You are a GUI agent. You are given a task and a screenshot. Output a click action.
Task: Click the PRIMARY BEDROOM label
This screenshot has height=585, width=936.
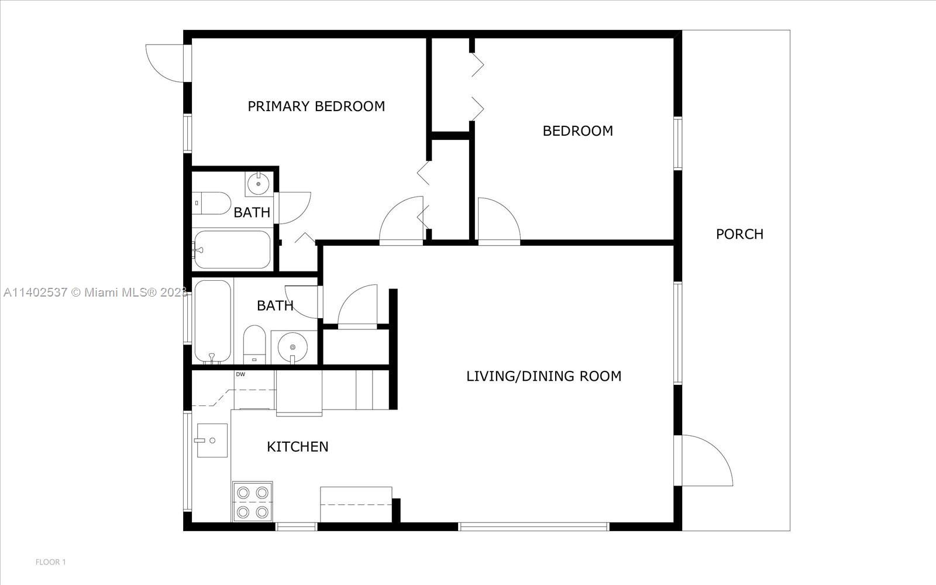[x=316, y=106]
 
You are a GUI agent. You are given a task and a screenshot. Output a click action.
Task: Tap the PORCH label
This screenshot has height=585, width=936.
[x=739, y=234]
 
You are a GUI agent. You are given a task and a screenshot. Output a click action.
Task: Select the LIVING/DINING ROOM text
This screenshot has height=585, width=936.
[x=543, y=376]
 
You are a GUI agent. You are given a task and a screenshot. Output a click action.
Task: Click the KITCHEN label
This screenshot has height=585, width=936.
[x=297, y=447]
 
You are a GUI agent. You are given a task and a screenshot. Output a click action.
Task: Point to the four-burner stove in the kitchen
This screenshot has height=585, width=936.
[x=253, y=501]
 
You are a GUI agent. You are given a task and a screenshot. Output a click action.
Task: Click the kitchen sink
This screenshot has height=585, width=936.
[x=212, y=441]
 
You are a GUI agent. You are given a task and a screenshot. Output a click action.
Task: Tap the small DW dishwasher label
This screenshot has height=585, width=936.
[x=240, y=374]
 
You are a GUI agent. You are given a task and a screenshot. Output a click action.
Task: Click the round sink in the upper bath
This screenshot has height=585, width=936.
[x=259, y=184]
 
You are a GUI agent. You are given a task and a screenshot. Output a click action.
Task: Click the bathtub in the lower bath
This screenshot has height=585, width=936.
[x=212, y=321]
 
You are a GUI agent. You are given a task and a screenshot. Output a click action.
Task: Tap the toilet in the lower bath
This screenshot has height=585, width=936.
[x=254, y=345]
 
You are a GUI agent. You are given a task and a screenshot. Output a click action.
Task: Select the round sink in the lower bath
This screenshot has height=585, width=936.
[x=293, y=347]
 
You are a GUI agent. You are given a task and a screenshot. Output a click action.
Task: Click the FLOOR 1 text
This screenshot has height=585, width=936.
[x=51, y=562]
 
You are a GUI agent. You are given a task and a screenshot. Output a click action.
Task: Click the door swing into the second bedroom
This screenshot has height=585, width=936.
[x=497, y=221]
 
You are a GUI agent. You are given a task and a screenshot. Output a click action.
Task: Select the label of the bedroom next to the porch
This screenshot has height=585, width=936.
[x=577, y=131]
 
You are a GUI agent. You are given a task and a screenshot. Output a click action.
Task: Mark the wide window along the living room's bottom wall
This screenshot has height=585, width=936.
[x=534, y=527]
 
